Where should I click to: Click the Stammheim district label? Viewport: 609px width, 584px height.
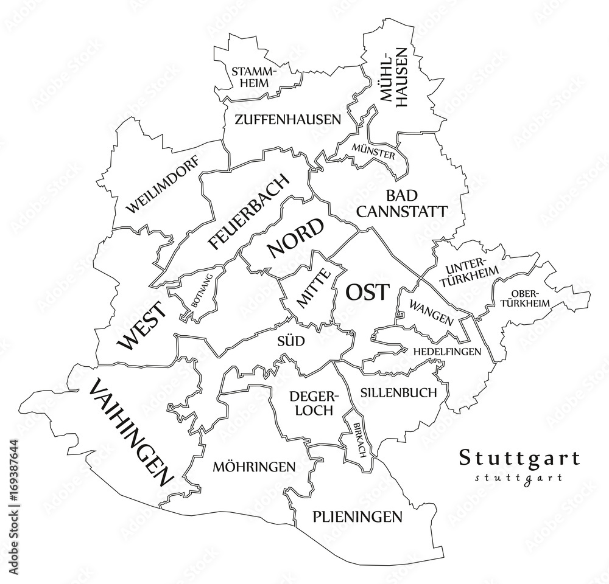(254, 77)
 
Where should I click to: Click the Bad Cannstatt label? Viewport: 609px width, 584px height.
(402, 203)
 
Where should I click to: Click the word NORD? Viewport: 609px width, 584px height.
(295, 238)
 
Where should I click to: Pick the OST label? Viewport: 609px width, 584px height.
(366, 293)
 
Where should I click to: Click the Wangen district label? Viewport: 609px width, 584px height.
(431, 311)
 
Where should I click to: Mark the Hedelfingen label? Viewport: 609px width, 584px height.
(447, 352)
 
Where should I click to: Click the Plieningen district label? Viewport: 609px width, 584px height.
(357, 517)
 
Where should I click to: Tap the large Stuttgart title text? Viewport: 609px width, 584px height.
(519, 457)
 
